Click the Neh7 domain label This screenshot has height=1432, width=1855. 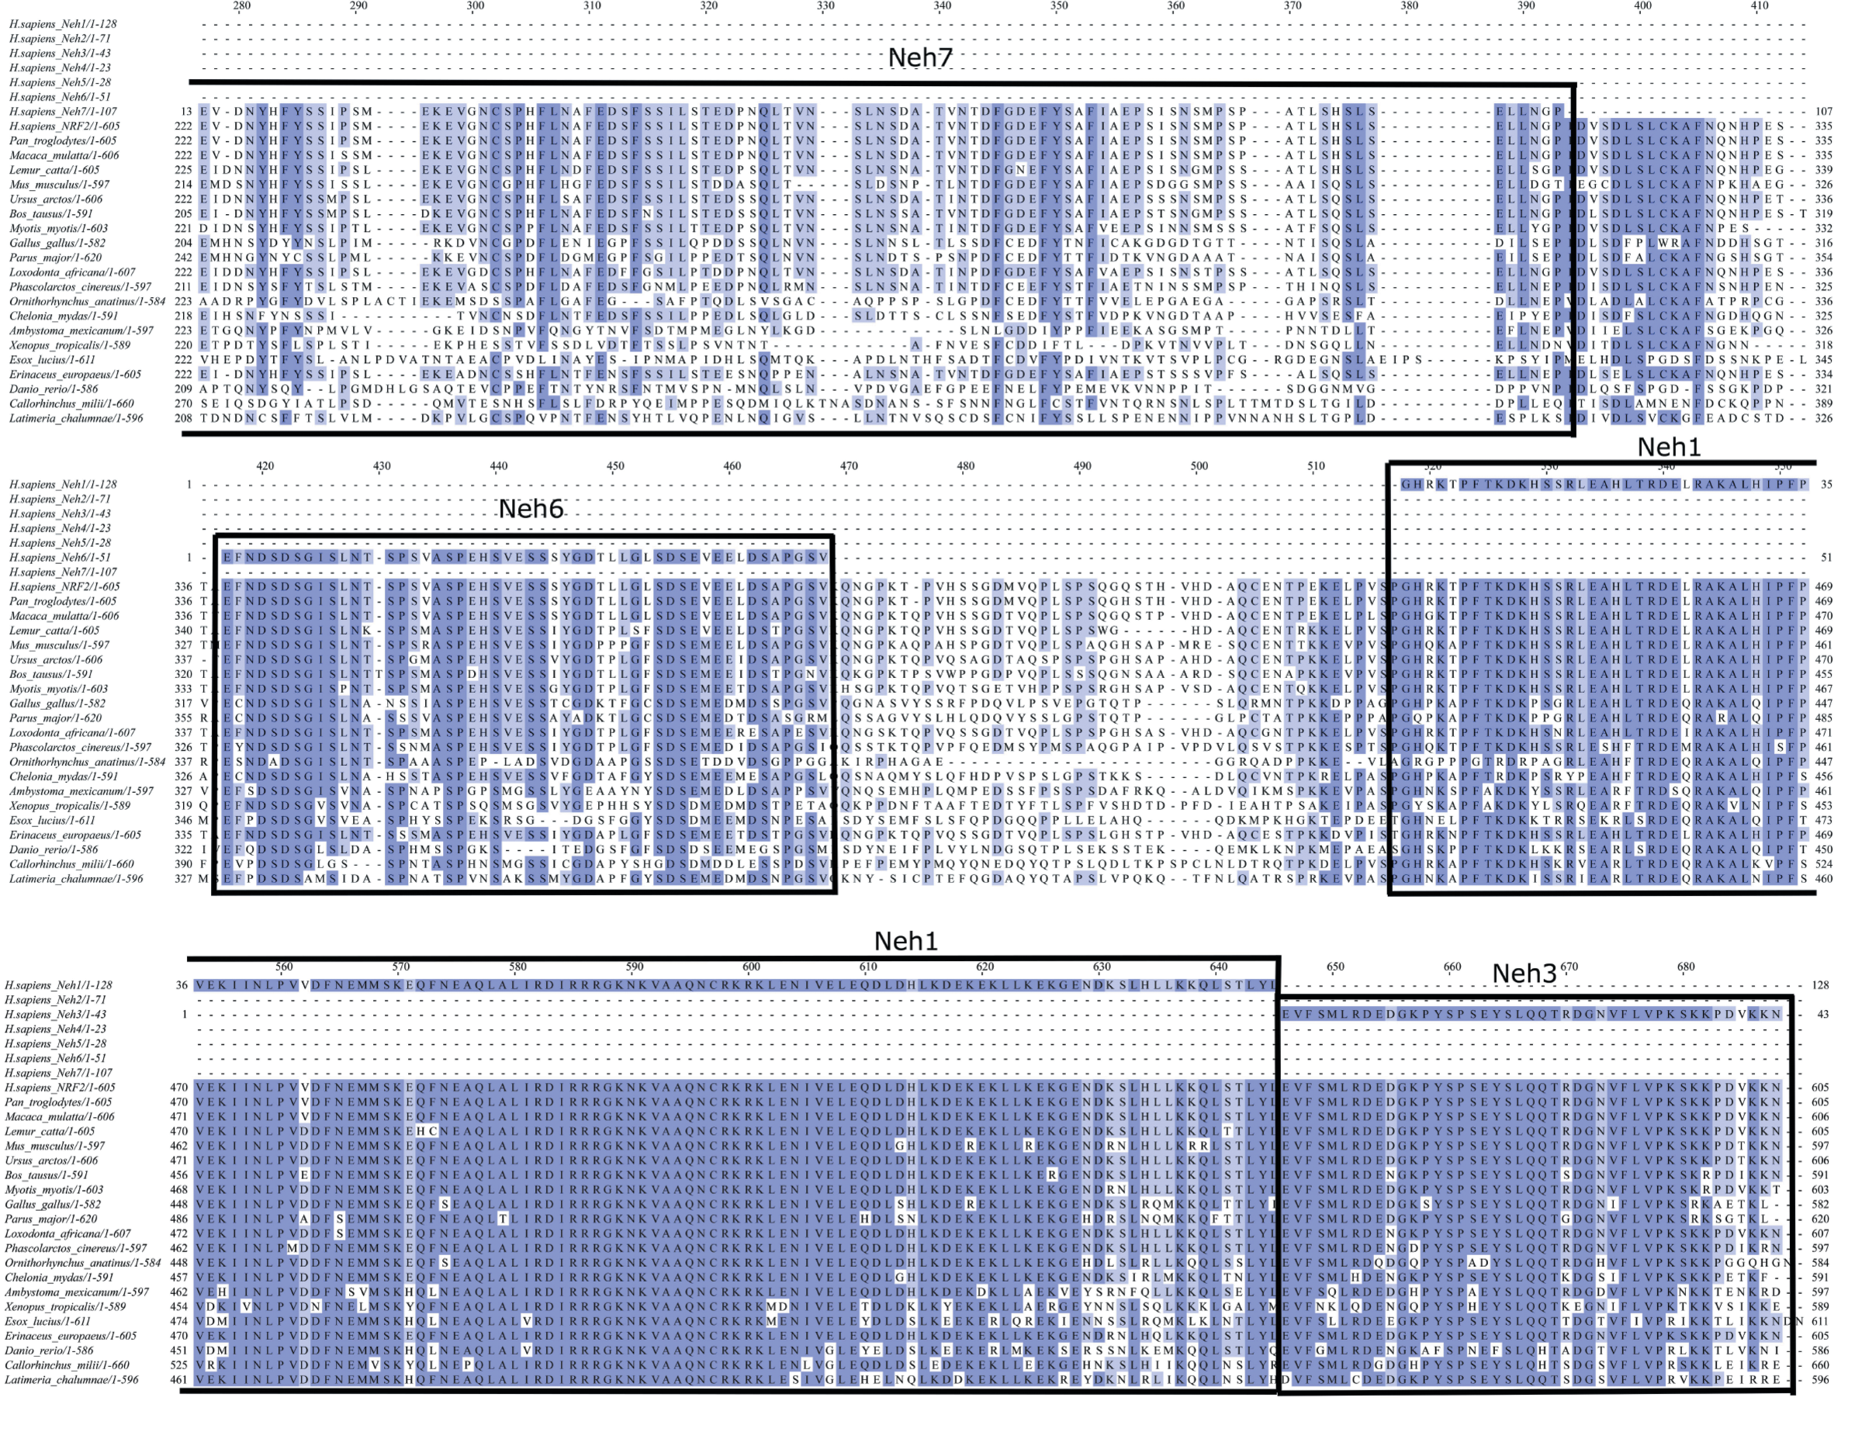[x=920, y=57]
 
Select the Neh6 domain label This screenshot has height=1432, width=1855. [x=531, y=509]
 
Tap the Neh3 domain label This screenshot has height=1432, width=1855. [x=1524, y=974]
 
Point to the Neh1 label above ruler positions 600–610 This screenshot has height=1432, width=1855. [x=905, y=941]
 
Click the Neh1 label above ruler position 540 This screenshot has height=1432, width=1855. [x=1668, y=447]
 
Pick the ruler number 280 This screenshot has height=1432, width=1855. [x=242, y=6]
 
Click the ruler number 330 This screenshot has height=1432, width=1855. [x=825, y=6]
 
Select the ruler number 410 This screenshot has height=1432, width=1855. [x=1759, y=6]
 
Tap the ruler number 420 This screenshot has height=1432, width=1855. [x=265, y=466]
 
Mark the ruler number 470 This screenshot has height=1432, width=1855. [x=849, y=466]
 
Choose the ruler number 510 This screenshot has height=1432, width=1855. [x=1316, y=466]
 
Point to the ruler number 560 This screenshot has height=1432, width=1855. [x=284, y=967]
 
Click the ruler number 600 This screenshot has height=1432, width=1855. [x=751, y=967]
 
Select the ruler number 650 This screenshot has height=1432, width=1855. [x=1335, y=967]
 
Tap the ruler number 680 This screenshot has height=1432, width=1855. [x=1685, y=967]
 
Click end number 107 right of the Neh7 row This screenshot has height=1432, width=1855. [x=1823, y=111]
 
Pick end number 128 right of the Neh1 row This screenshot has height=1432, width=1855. [x=1819, y=985]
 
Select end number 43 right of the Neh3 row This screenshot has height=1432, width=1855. [x=1819, y=1014]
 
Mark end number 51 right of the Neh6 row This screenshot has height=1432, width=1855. [x=1826, y=557]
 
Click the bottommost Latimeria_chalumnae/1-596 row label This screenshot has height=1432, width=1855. [x=71, y=1380]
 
